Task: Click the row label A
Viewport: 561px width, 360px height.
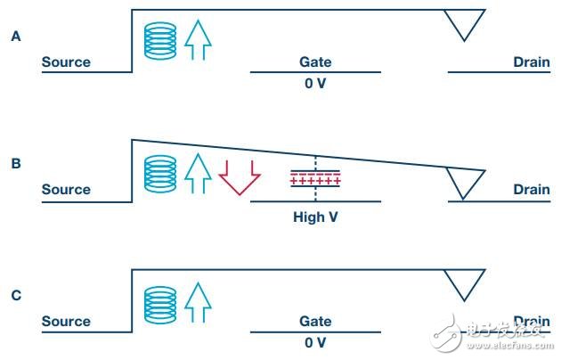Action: pyautogui.click(x=15, y=37)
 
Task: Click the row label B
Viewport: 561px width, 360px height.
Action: pyautogui.click(x=15, y=164)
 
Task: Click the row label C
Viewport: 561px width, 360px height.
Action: pyautogui.click(x=15, y=295)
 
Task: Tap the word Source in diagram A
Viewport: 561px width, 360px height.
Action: pyautogui.click(x=66, y=62)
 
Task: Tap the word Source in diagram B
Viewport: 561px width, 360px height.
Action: pyautogui.click(x=66, y=189)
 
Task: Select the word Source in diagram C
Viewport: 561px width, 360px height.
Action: pyautogui.click(x=66, y=321)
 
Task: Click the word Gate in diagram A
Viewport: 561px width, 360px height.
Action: pyautogui.click(x=315, y=62)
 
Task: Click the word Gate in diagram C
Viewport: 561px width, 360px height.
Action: pyautogui.click(x=315, y=321)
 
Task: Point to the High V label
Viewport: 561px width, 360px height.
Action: pyautogui.click(x=315, y=216)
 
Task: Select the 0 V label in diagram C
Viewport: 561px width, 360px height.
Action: pyautogui.click(x=315, y=343)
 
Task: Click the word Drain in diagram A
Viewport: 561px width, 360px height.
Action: pyautogui.click(x=531, y=62)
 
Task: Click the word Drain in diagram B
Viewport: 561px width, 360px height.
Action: pyautogui.click(x=531, y=189)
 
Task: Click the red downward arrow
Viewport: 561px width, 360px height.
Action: pyautogui.click(x=239, y=176)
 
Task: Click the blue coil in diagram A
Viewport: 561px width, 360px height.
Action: pyautogui.click(x=160, y=40)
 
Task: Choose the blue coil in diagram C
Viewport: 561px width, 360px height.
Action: pyautogui.click(x=160, y=303)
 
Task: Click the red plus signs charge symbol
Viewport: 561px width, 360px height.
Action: pyautogui.click(x=315, y=182)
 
